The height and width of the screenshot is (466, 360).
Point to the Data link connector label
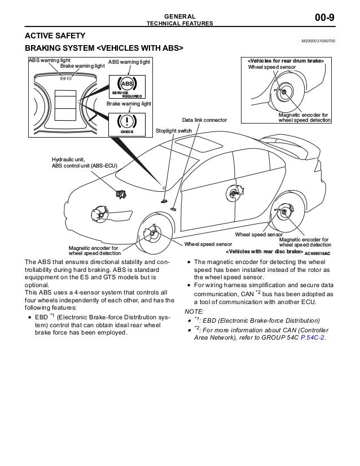click(x=204, y=120)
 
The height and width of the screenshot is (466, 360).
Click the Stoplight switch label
click(x=173, y=131)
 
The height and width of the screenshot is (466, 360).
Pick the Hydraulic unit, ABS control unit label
click(x=84, y=162)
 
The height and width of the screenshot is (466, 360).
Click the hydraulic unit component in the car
click(x=120, y=194)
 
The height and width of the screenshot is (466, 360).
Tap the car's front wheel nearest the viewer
click(x=155, y=232)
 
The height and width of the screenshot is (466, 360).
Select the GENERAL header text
click(x=179, y=16)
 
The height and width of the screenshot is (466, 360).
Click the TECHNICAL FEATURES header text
click(x=179, y=24)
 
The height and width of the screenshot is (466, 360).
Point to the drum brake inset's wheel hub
click(x=284, y=92)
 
